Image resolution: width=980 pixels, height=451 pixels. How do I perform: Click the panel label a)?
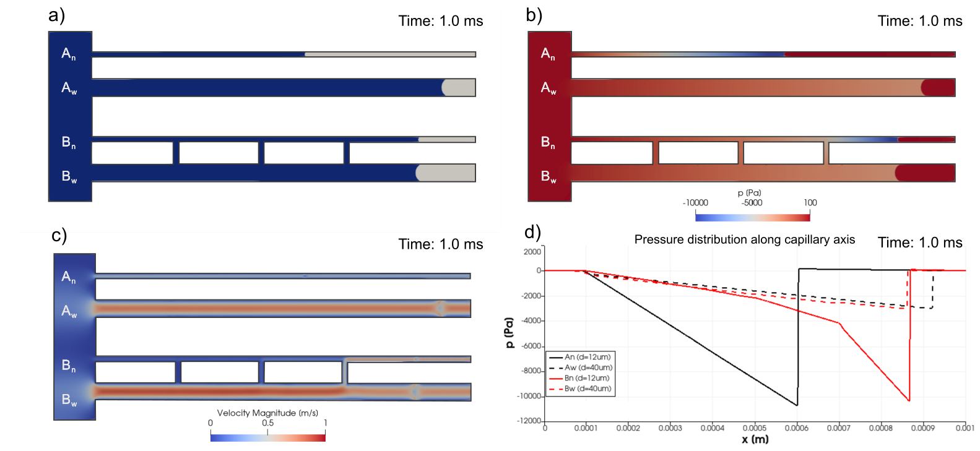click(x=57, y=15)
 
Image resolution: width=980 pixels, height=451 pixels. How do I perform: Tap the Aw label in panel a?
click(x=69, y=88)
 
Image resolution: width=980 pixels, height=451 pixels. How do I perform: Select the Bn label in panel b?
click(x=548, y=143)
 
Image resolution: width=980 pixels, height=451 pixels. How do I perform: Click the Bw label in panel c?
click(x=69, y=400)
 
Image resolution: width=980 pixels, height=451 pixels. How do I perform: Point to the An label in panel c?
click(x=69, y=277)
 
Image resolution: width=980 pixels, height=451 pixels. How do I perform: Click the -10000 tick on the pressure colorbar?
click(x=695, y=203)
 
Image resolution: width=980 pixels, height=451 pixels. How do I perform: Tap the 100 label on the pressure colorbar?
click(x=810, y=203)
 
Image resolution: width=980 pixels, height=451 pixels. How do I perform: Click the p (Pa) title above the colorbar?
click(x=749, y=193)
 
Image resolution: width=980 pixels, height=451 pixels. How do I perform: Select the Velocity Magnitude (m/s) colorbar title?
click(x=267, y=413)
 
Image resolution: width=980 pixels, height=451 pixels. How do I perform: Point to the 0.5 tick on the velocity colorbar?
click(x=267, y=423)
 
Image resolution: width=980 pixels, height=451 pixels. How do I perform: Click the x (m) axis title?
click(x=755, y=439)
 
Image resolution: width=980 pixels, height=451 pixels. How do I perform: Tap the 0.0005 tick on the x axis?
click(x=754, y=428)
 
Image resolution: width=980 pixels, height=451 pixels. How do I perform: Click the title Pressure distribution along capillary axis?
click(x=744, y=240)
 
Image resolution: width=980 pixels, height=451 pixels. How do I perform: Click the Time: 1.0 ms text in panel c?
click(x=440, y=244)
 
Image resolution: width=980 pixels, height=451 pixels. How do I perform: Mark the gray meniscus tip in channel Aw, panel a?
click(x=443, y=88)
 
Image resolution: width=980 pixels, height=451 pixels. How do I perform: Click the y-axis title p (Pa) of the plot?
click(x=510, y=333)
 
